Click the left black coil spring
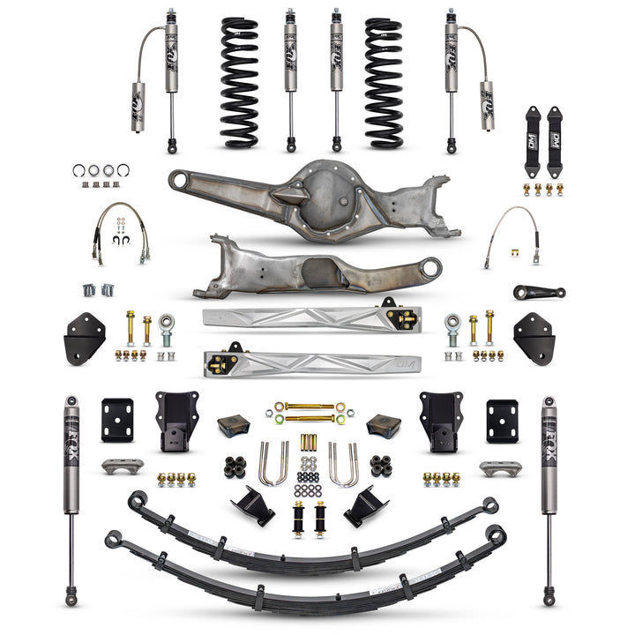239,82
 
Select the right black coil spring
384,82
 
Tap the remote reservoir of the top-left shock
138,106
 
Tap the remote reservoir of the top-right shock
487,106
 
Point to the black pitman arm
540,291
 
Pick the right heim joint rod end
453,328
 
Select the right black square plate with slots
503,421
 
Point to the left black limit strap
533,129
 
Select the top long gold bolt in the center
310,406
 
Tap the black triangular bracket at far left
85,338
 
